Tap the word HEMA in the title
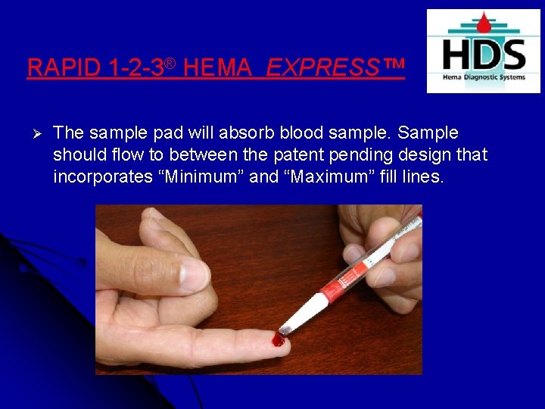point(218,68)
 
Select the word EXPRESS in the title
point(322,68)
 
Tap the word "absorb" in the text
point(247,133)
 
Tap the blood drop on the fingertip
point(279,340)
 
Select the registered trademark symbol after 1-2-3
point(171,63)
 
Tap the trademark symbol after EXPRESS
point(394,67)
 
